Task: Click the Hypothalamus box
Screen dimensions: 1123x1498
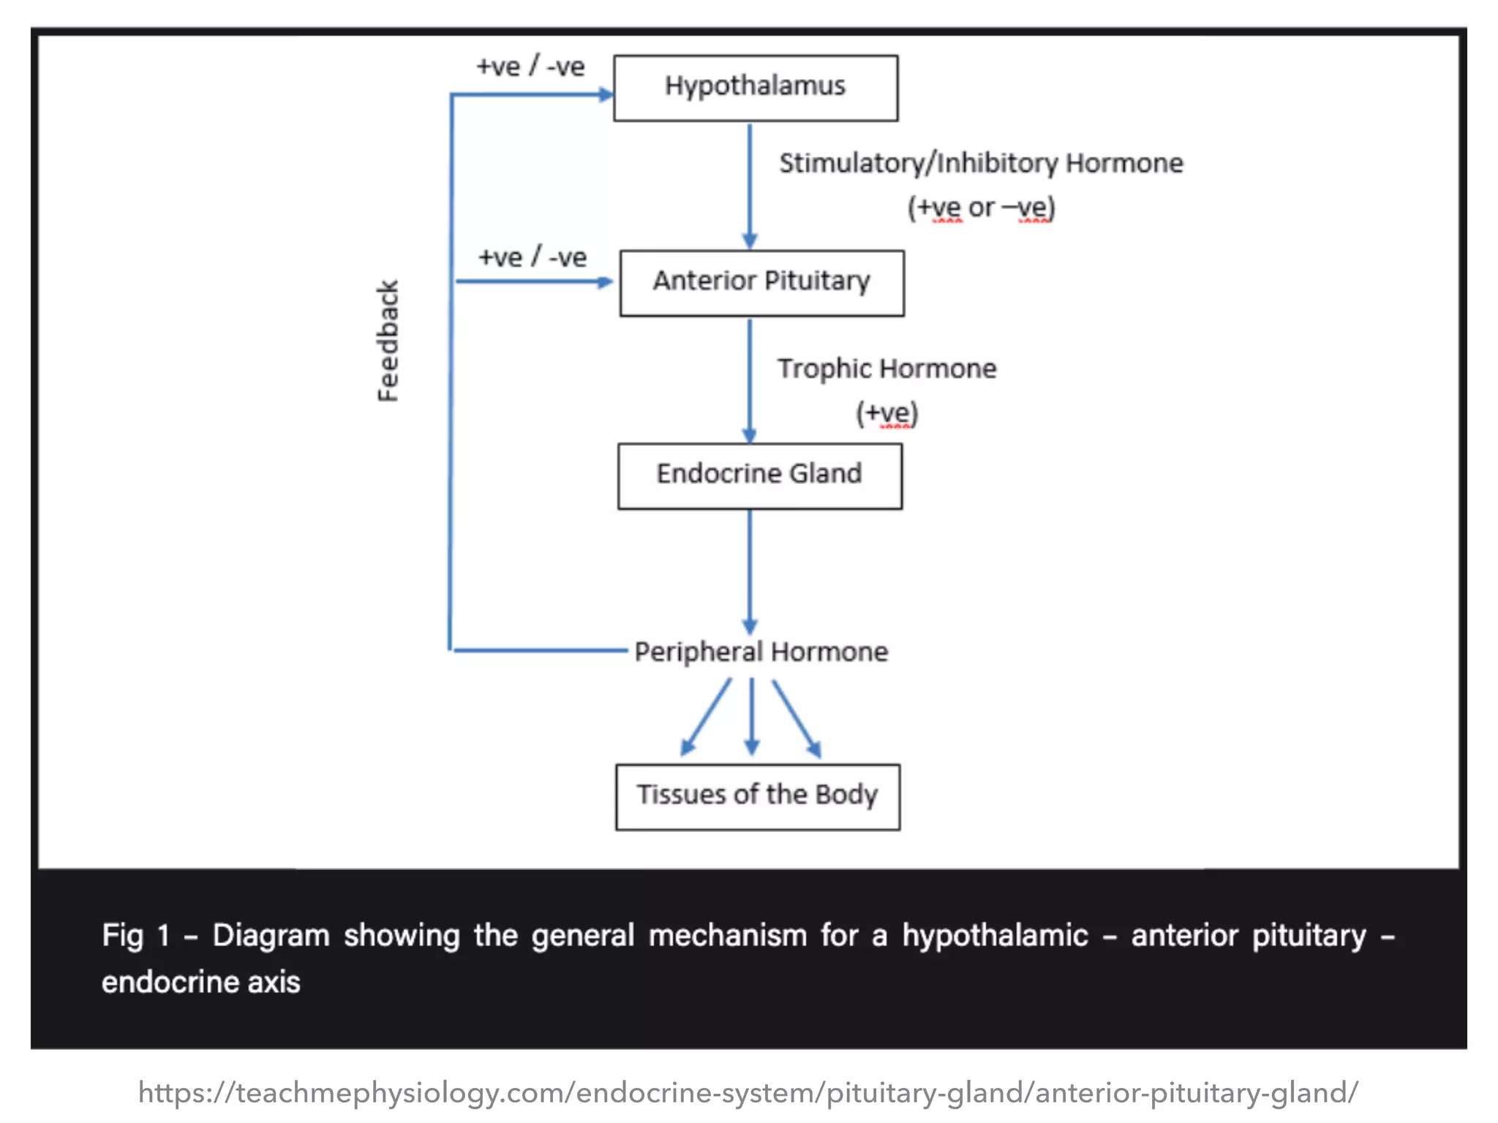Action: click(755, 88)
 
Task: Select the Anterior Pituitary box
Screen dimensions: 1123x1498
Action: click(761, 283)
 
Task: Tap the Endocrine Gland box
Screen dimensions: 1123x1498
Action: click(759, 475)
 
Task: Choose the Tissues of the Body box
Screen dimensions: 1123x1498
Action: click(757, 796)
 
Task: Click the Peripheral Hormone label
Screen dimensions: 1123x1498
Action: click(761, 651)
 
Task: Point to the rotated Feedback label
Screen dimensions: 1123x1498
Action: click(388, 341)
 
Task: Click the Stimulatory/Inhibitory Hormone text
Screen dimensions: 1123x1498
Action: click(980, 163)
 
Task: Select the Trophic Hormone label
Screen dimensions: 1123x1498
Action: click(887, 368)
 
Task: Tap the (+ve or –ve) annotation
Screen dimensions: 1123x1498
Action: click(981, 208)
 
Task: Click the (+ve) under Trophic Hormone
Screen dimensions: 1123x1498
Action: click(887, 413)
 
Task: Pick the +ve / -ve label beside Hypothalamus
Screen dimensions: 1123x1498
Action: click(530, 67)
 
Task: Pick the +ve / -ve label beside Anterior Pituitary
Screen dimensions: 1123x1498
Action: click(532, 257)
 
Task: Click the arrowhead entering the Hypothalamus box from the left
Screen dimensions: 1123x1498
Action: click(606, 94)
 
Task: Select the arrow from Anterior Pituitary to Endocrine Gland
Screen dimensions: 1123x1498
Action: click(749, 380)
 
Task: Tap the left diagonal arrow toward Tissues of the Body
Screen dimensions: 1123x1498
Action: click(706, 717)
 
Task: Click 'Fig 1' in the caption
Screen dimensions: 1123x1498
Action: click(135, 935)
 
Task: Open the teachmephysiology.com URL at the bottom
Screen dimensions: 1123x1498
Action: click(748, 1092)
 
